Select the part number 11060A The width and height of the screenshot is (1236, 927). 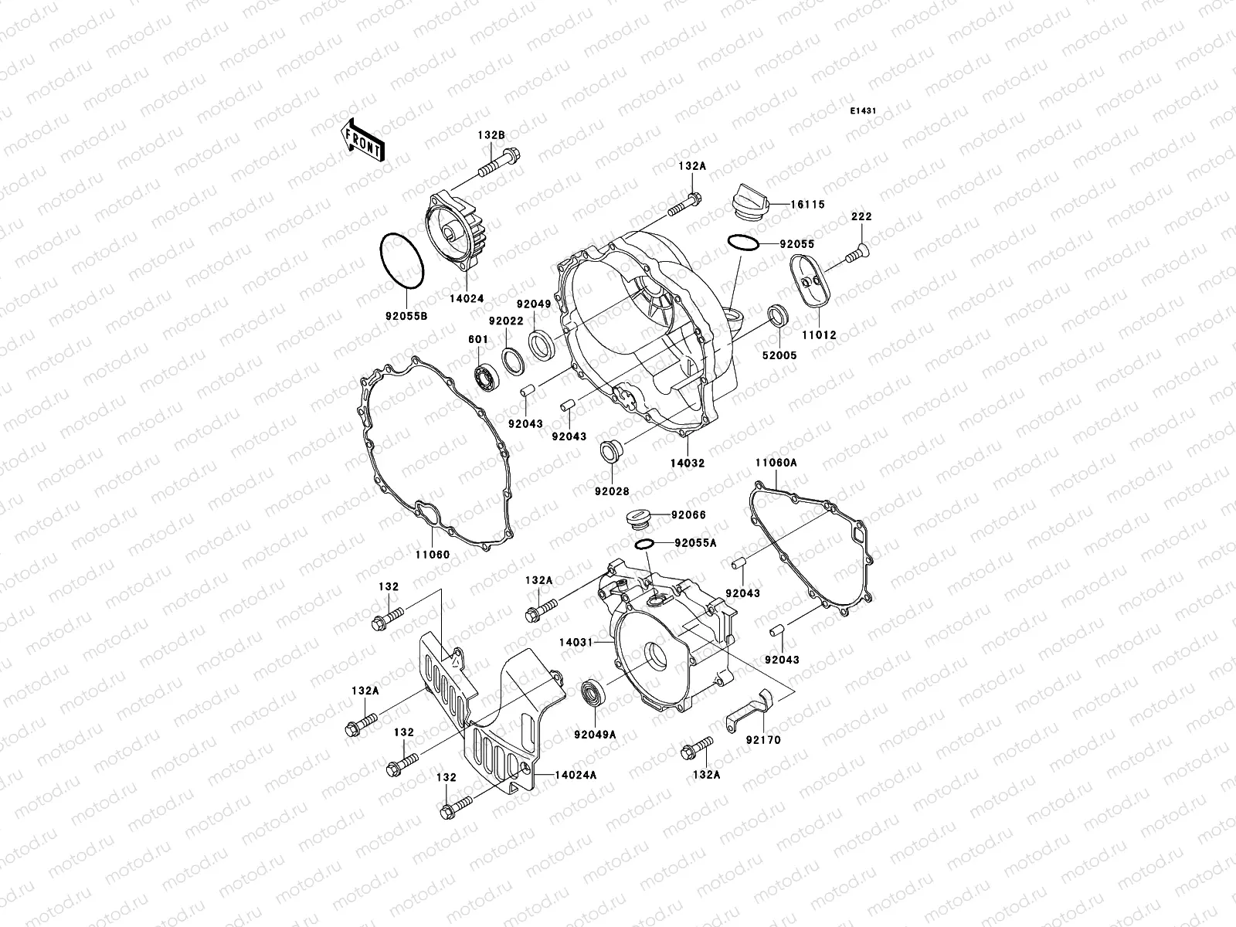[x=776, y=462]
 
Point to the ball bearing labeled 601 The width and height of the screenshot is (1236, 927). [x=486, y=378]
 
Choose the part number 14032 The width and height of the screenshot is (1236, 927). [x=688, y=463]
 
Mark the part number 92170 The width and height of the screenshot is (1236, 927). [x=762, y=739]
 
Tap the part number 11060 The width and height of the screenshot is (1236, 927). [x=432, y=555]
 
